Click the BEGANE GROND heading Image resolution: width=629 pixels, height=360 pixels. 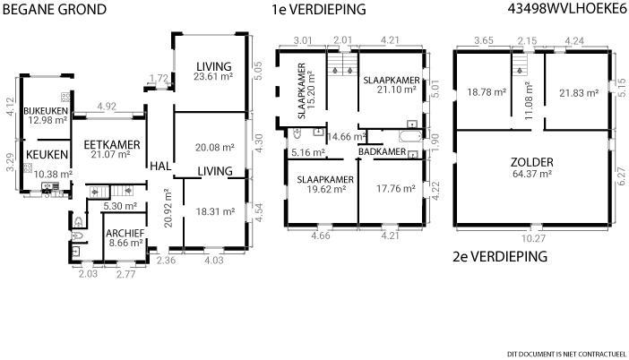coord(55,9)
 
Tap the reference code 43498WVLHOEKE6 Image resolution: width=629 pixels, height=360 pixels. coord(567,9)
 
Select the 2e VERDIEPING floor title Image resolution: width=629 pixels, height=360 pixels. coord(500,256)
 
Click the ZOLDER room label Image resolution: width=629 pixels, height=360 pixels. coord(532,162)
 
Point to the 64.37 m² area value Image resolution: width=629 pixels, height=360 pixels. coord(532,174)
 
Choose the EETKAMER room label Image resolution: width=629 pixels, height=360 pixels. coord(112,145)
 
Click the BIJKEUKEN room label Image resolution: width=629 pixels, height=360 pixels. coord(46,111)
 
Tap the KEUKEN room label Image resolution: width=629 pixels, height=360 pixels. coord(47,155)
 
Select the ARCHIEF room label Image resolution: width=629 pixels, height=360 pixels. coord(125,234)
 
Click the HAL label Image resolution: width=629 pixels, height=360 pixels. coord(160,166)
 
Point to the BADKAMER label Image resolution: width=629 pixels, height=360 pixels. coord(383,151)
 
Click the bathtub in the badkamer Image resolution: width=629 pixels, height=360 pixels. coord(410,135)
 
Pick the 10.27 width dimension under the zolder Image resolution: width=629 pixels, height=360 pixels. coord(532,238)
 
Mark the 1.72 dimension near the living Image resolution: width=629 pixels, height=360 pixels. coord(159,78)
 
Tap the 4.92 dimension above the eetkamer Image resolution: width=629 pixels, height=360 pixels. coord(107,107)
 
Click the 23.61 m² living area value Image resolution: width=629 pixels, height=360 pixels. coord(213,77)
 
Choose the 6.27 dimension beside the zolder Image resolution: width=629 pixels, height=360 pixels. coord(621,176)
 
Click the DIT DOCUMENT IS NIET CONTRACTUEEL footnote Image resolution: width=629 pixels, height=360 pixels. coord(566,354)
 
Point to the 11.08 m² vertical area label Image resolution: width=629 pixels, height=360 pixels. coord(529,100)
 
